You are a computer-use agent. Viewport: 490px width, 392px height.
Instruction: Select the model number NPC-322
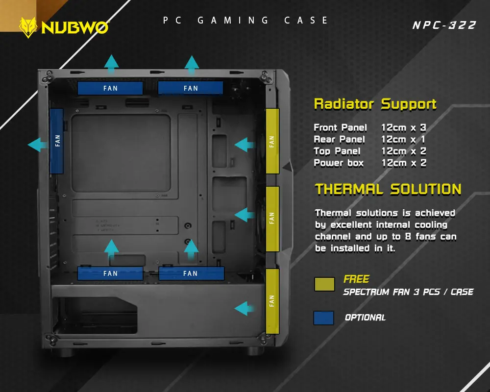pyautogui.click(x=444, y=25)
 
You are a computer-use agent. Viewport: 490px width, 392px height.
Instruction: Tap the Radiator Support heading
pyautogui.click(x=375, y=104)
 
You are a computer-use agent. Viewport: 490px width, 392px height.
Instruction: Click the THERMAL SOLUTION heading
pyautogui.click(x=388, y=189)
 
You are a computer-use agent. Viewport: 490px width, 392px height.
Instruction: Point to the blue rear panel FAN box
pyautogui.click(x=57, y=141)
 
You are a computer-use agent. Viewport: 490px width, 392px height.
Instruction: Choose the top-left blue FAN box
pyautogui.click(x=110, y=88)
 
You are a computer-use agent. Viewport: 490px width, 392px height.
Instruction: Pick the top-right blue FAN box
pyautogui.click(x=191, y=88)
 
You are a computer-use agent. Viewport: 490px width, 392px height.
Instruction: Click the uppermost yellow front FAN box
pyautogui.click(x=272, y=141)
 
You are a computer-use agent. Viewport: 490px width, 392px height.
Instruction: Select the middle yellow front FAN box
pyautogui.click(x=272, y=218)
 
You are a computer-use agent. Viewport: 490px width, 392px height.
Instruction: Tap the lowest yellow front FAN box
pyautogui.click(x=272, y=301)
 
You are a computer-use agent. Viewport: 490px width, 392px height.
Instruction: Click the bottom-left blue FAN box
pyautogui.click(x=110, y=273)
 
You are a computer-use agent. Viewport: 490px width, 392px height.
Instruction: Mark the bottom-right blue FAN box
pyautogui.click(x=191, y=273)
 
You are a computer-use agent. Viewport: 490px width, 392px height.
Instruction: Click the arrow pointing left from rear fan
pyautogui.click(x=37, y=145)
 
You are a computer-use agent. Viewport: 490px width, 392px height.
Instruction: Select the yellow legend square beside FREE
pyautogui.click(x=324, y=284)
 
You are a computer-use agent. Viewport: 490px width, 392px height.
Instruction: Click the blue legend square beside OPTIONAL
pyautogui.click(x=323, y=318)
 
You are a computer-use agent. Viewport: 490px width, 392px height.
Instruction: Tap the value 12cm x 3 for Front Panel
pyautogui.click(x=403, y=128)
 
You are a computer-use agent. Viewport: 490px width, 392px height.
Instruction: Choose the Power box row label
pyautogui.click(x=339, y=163)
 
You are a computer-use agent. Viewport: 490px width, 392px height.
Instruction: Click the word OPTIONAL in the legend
pyautogui.click(x=365, y=318)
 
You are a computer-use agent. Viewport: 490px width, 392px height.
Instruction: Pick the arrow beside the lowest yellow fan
pyautogui.click(x=244, y=308)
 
